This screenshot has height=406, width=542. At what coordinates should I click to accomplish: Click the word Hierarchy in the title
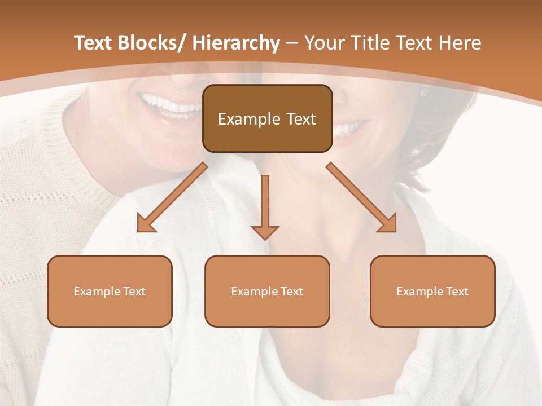(x=235, y=43)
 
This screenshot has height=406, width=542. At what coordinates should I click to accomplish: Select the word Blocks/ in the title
(x=151, y=43)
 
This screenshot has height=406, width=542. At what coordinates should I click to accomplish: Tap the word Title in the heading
(x=370, y=43)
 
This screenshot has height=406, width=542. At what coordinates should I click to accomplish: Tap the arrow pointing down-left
(x=172, y=197)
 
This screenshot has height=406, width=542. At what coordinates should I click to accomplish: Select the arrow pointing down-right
(x=361, y=197)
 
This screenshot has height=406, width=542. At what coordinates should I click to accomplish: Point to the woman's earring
(x=424, y=92)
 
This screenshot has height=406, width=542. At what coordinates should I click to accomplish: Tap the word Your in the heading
(x=324, y=43)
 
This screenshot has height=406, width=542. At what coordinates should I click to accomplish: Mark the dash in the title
(x=292, y=43)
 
